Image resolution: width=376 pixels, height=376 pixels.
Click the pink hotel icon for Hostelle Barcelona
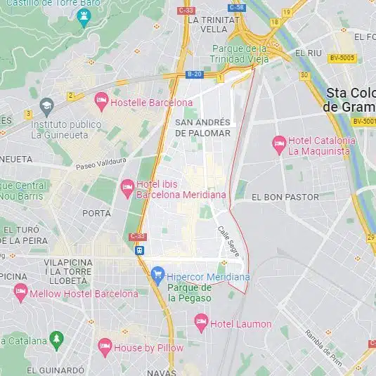point(101,103)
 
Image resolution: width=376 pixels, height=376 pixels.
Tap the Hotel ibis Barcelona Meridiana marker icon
point(127,188)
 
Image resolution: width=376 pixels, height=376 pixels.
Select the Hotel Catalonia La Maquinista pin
point(279,145)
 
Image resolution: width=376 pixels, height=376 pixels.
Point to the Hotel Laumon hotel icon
point(202,323)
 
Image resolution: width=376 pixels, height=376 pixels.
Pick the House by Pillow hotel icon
point(105,346)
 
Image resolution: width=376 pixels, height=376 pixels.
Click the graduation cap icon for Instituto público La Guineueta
point(47,108)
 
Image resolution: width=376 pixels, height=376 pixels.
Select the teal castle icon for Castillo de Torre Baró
point(85,16)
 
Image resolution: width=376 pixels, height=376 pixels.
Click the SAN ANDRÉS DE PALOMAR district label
point(202,127)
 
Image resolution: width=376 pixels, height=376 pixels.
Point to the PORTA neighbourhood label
point(96,213)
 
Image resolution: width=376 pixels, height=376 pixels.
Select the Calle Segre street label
point(229,240)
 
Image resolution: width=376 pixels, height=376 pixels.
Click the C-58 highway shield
point(237,8)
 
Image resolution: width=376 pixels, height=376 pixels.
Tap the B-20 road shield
point(195,74)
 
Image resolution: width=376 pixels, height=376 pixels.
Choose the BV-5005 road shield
point(342,58)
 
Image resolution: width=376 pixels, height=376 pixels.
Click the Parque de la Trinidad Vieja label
point(240,54)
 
